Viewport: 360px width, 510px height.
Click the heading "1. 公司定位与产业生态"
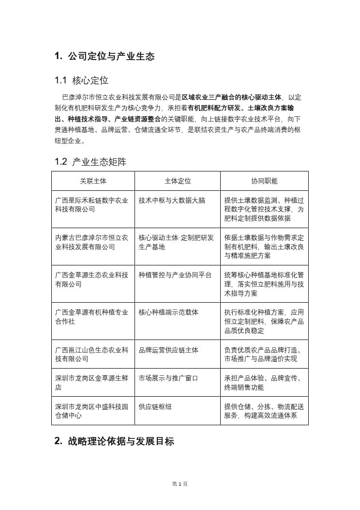click(105, 56)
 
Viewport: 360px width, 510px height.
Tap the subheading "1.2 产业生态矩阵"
click(90, 162)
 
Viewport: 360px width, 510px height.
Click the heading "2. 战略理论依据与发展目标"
click(114, 441)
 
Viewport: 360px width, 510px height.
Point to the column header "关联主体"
click(93, 181)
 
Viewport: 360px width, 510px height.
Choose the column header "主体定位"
click(178, 181)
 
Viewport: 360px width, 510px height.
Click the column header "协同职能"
click(264, 181)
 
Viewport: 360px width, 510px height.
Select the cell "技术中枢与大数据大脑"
click(172, 200)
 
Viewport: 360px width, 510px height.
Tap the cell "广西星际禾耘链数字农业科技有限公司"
click(91, 204)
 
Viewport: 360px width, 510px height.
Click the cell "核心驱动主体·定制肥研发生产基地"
click(176, 242)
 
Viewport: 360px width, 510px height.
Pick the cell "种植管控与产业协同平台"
click(175, 275)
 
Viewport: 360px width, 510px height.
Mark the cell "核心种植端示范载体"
click(168, 312)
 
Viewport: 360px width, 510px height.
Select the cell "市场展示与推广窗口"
click(168, 378)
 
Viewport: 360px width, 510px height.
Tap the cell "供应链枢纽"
click(155, 407)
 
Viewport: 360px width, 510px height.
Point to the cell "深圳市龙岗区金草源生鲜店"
click(91, 383)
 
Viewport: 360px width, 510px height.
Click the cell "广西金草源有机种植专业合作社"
click(91, 317)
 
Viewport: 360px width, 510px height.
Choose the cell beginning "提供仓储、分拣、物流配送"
click(264, 411)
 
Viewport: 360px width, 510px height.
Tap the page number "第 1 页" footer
click(180, 484)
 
